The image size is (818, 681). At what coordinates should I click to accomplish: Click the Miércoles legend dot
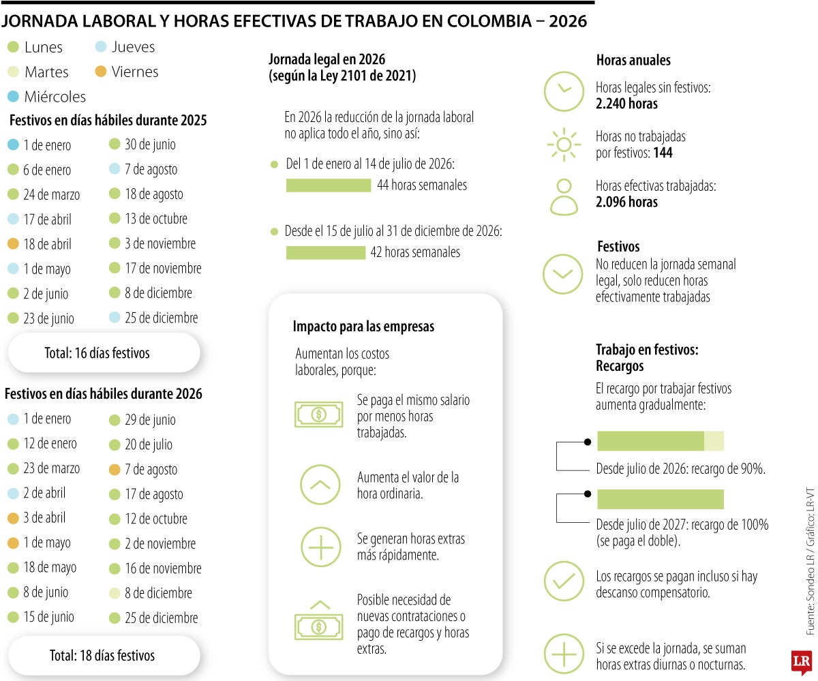[x=13, y=96]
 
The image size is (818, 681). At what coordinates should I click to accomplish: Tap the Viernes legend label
[x=134, y=72]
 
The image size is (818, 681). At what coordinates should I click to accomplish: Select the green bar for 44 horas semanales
[x=328, y=185]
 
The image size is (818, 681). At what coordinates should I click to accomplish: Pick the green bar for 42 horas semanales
[x=325, y=252]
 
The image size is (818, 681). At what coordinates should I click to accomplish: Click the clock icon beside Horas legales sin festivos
[x=563, y=91]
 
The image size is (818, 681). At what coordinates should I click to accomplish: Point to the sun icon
[x=563, y=145]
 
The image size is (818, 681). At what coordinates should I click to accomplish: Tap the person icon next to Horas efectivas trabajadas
[x=563, y=197]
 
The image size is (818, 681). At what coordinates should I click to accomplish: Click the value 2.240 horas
[x=626, y=104]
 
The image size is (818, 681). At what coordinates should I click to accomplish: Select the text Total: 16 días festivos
[x=97, y=353]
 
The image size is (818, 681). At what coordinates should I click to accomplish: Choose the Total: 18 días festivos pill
[x=102, y=656]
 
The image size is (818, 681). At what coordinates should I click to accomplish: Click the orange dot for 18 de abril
[x=13, y=244]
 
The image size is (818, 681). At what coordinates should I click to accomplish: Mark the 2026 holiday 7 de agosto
[x=151, y=470]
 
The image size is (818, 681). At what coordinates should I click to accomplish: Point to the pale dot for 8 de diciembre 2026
[x=115, y=593]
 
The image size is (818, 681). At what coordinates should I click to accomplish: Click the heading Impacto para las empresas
[x=363, y=327]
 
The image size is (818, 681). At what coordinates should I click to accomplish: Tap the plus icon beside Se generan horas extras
[x=320, y=547]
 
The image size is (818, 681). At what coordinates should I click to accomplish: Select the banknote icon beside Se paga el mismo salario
[x=318, y=414]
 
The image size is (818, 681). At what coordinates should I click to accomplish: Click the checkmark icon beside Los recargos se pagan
[x=563, y=581]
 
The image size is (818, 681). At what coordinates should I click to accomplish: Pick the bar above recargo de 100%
[x=660, y=500]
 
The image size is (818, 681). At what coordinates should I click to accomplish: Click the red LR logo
[x=800, y=662]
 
